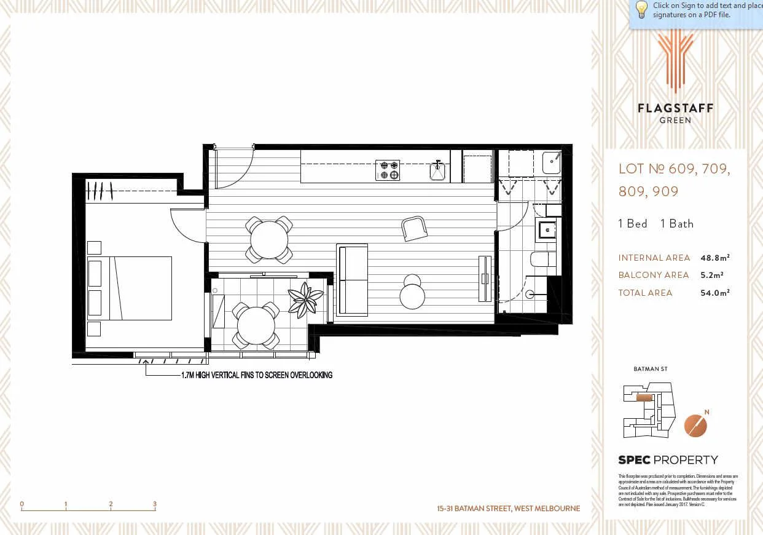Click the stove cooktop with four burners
(388, 170)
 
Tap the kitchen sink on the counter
(437, 171)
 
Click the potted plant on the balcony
(305, 299)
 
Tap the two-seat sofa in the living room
(352, 279)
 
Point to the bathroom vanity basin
(546, 229)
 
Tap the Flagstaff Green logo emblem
(675, 61)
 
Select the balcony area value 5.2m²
(712, 275)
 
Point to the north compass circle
(695, 426)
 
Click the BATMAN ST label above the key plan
(650, 369)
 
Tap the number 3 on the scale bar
(155, 504)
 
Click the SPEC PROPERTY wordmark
(667, 460)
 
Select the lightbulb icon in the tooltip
(641, 10)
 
